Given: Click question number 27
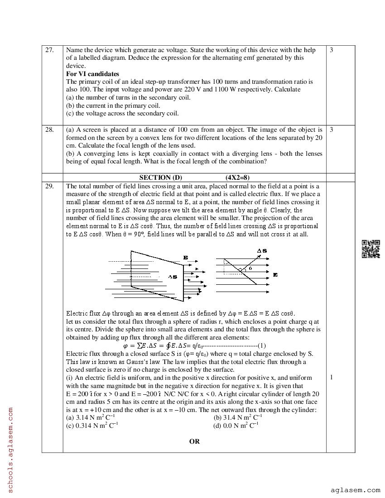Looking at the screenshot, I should pos(49,50).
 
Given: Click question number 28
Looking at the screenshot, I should pos(49,130).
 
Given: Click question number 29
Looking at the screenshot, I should pos(49,186).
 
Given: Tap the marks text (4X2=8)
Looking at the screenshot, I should pos(237,178).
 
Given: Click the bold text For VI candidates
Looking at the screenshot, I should pos(93,74).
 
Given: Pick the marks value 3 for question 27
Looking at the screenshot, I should pos(332,50).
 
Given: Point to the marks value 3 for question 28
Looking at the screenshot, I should pos(332,130).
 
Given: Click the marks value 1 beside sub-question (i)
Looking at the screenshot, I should pos(332,378).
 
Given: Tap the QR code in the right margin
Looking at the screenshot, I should pos(371,249).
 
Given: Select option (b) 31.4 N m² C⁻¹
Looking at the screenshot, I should pos(238,418).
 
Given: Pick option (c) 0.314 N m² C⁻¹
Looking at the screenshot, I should pos(92,426).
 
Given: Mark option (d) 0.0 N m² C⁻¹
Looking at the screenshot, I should pos(236,426).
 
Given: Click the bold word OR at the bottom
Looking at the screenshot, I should pos(194,441).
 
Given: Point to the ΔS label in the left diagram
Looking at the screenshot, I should pos(173,277).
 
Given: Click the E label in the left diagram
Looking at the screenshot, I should pos(186,258).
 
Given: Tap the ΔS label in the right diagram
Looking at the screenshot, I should pos(262,251).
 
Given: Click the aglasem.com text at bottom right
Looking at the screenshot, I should pos(355,490).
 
